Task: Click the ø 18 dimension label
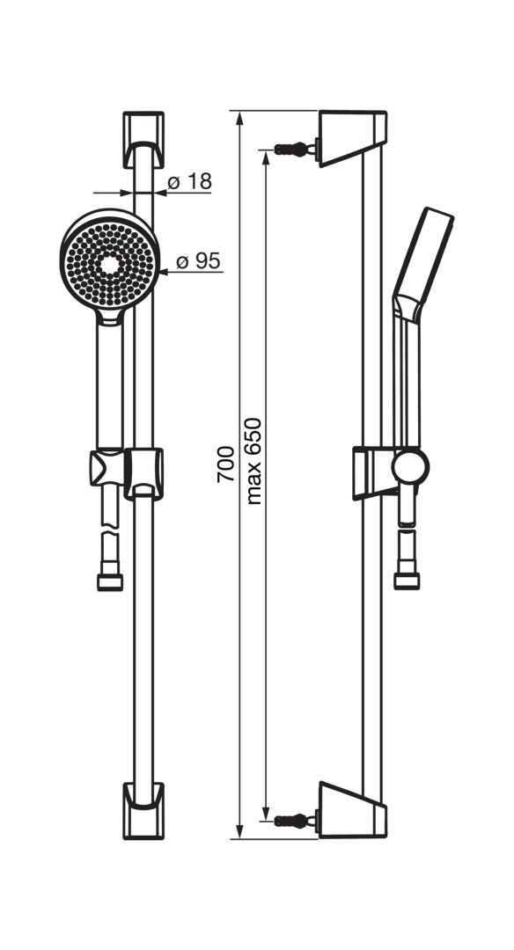coord(189,181)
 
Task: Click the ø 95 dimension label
coord(198,261)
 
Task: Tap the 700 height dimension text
coord(225,464)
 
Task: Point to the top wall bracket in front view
coord(143,139)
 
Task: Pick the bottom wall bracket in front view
coord(143,811)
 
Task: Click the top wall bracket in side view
coord(353,137)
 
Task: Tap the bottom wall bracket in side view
coord(353,810)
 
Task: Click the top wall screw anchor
coord(296,149)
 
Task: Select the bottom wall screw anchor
coord(296,821)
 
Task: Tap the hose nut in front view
coord(110,581)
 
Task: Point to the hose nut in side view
coord(407,581)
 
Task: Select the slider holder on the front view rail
coord(127,474)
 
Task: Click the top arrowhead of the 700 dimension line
coord(240,119)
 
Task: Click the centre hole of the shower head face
coord(110,264)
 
